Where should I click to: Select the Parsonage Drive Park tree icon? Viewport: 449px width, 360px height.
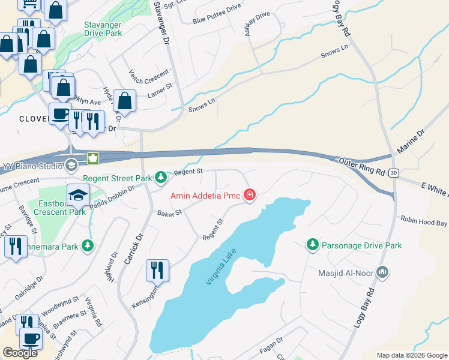point(312,245)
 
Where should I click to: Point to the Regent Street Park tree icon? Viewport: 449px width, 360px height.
point(161,178)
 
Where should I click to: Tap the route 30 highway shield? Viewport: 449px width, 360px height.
point(393,173)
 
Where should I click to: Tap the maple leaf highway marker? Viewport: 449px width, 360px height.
point(93,159)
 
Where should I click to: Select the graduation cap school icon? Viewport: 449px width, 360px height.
point(78,194)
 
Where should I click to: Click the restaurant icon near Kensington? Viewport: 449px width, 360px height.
point(157,270)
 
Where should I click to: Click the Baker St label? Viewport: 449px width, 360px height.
point(169,212)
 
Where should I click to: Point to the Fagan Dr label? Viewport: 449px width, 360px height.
point(271,344)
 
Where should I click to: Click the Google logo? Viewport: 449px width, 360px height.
point(20,353)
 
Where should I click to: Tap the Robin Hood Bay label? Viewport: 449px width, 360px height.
point(424,222)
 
